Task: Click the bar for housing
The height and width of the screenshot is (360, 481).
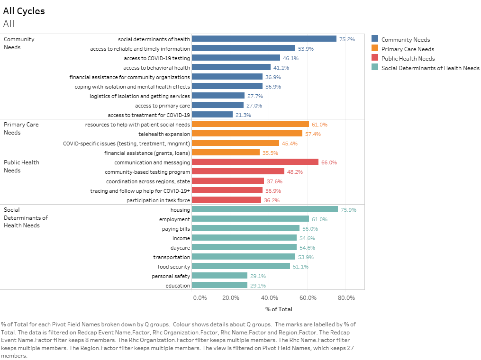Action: (x=264, y=209)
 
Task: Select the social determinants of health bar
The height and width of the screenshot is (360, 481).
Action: (x=264, y=39)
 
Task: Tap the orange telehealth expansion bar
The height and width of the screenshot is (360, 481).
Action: (x=247, y=134)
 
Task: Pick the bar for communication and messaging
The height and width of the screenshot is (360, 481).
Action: (x=255, y=162)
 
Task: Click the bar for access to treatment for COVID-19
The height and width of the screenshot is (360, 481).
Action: (x=212, y=115)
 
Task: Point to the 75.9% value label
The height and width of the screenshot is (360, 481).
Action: (x=348, y=210)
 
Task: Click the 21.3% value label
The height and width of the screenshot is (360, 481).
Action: (x=243, y=115)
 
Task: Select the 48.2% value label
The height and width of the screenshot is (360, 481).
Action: (x=295, y=172)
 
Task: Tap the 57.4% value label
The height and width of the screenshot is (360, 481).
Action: (x=313, y=134)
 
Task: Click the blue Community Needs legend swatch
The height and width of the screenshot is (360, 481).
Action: (x=375, y=39)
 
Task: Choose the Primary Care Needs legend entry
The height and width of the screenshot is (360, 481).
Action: (x=408, y=49)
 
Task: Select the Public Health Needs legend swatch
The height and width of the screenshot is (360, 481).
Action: (x=375, y=58)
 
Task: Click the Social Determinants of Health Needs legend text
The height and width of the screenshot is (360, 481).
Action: (x=430, y=68)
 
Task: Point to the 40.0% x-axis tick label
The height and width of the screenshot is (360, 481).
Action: (x=269, y=297)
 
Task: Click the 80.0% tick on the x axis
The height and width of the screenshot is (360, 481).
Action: (x=346, y=297)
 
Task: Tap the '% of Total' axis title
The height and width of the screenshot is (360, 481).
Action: (x=279, y=309)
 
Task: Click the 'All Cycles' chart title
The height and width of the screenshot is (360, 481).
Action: (x=24, y=11)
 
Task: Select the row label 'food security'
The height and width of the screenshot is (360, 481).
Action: (x=174, y=267)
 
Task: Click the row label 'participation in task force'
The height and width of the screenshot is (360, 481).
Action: (x=158, y=200)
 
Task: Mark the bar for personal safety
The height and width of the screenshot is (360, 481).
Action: (x=219, y=276)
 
